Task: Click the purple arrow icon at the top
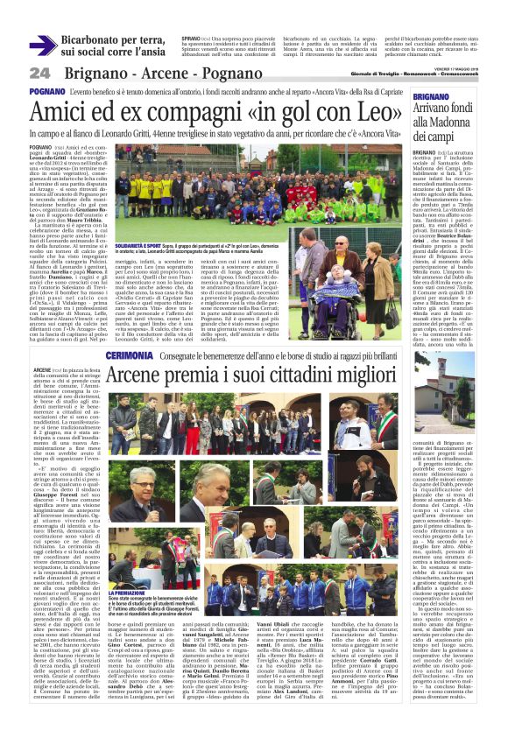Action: point(42,45)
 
